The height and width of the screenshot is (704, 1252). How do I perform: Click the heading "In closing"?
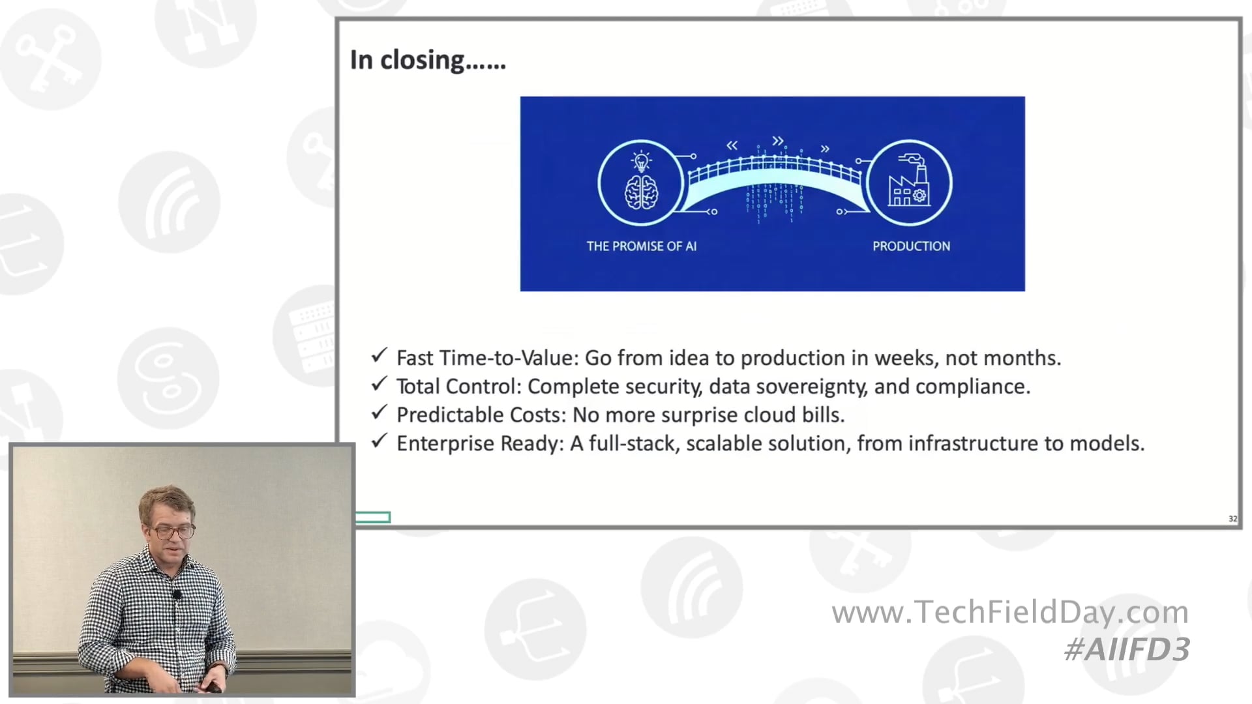coord(427,60)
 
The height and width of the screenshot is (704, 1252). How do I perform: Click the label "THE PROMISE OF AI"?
coord(642,246)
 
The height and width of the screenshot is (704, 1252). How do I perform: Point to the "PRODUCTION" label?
coord(911,246)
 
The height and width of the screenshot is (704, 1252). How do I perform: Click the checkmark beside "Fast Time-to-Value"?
coord(379,356)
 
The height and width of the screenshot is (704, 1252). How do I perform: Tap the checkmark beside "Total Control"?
coord(379,385)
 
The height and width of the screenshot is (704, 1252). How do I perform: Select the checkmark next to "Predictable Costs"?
coord(379,413)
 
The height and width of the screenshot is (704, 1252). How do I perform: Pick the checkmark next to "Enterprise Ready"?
coord(379,441)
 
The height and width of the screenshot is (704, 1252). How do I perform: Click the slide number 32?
coord(1232,519)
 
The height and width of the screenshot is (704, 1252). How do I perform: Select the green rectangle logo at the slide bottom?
coord(373,518)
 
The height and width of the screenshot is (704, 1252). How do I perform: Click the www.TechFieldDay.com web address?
coord(1010,612)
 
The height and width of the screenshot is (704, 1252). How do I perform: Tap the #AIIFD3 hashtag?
coord(1127,650)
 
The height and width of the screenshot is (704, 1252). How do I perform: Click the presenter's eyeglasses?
coord(172,531)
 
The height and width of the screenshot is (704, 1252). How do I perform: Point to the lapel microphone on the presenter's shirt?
coord(177,594)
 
